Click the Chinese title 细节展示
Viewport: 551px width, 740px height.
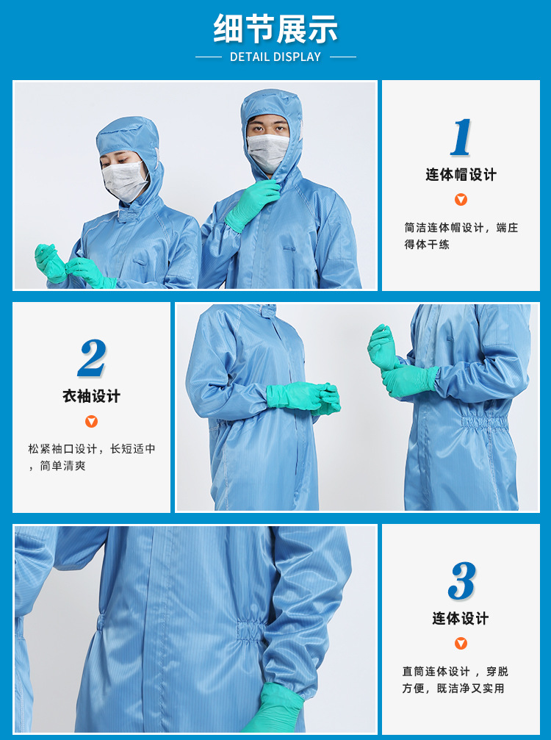click(275, 29)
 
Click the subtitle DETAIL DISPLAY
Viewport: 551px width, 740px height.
click(275, 57)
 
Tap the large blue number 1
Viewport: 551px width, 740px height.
click(461, 137)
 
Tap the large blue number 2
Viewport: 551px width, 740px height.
click(92, 359)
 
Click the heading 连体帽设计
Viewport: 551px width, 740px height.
click(461, 175)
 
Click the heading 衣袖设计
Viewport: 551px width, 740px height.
click(91, 397)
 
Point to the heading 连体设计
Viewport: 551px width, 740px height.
click(461, 619)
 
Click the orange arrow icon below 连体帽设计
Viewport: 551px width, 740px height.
click(461, 199)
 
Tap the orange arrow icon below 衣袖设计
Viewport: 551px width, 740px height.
click(91, 421)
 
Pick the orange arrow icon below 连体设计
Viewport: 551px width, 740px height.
click(461, 643)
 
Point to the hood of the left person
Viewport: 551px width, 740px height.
click(129, 136)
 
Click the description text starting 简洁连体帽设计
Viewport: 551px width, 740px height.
click(461, 236)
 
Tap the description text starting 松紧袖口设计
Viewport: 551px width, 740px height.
click(92, 457)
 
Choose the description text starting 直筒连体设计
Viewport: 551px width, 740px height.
click(455, 680)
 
